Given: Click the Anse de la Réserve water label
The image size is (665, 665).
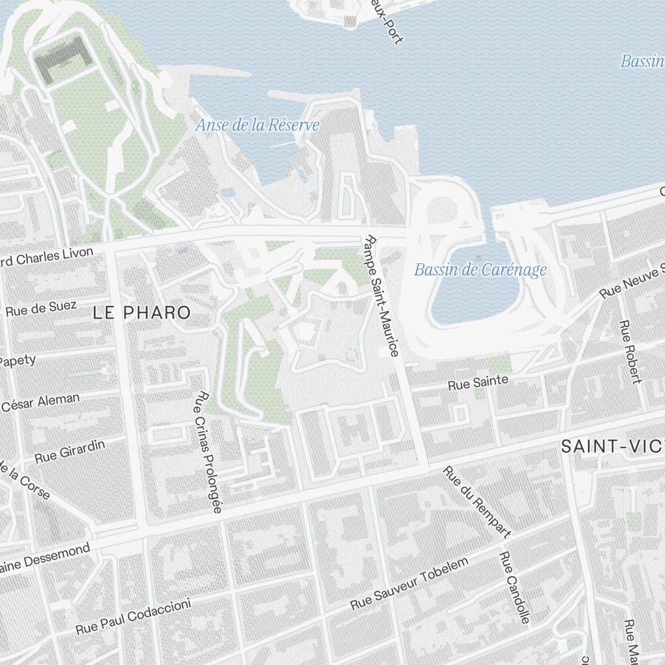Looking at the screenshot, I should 257,125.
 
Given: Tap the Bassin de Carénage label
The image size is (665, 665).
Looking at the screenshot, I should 480,269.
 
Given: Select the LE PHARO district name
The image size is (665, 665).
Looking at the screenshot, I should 142,312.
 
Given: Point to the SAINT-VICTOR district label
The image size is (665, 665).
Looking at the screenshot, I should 612,446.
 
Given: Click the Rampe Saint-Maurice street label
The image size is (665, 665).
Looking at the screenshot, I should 382,296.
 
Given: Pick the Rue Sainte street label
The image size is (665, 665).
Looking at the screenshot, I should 477,382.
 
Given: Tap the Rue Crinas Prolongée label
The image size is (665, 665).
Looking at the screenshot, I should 207,452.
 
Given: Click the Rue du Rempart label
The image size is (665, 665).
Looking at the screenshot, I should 477,502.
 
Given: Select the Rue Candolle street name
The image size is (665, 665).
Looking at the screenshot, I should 515,588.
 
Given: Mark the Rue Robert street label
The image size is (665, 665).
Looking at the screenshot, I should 629,352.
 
